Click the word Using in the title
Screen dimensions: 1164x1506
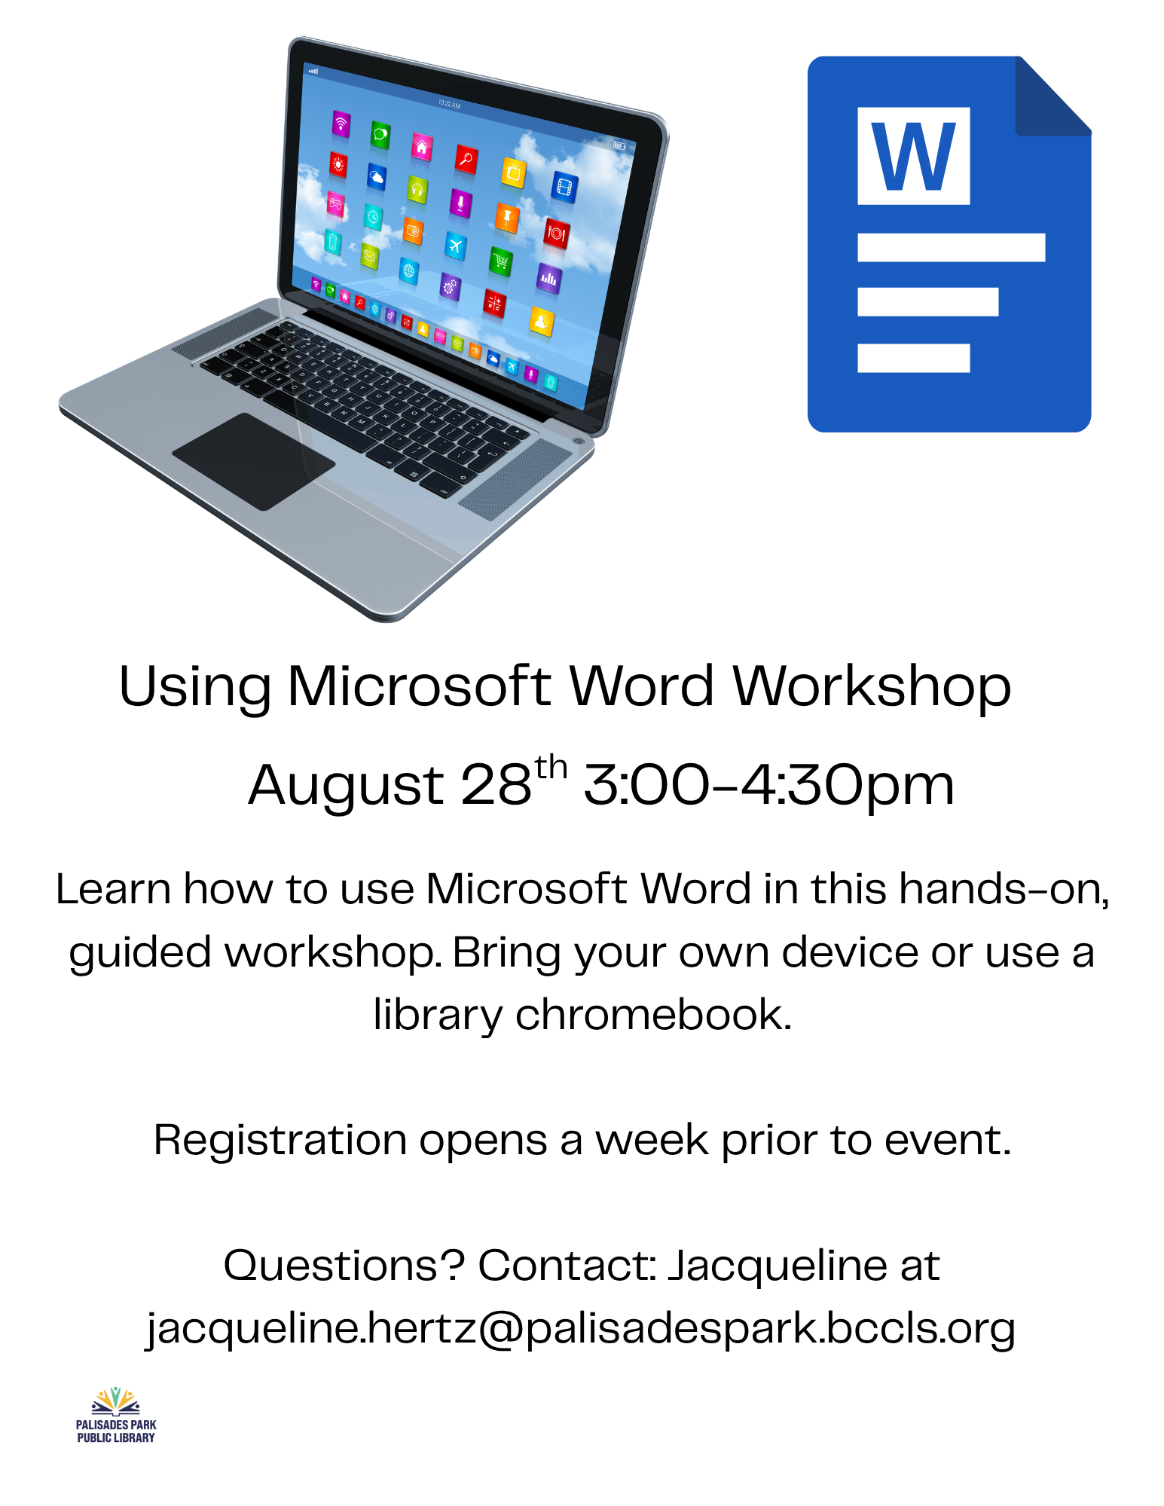pyautogui.click(x=194, y=687)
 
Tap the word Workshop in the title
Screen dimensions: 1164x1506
pyautogui.click(x=872, y=687)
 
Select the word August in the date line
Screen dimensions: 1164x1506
pyautogui.click(x=346, y=786)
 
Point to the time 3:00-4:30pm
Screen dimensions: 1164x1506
pyautogui.click(x=768, y=785)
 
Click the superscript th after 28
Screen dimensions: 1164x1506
pyautogui.click(x=551, y=768)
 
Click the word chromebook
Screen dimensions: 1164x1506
pyautogui.click(x=653, y=1014)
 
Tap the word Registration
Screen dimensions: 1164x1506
pyautogui.click(x=280, y=1141)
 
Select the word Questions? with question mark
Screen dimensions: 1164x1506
pyautogui.click(x=344, y=1265)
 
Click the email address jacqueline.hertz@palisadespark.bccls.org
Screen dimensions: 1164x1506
pyautogui.click(x=581, y=1329)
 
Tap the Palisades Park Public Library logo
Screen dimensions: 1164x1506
pyautogui.click(x=116, y=1415)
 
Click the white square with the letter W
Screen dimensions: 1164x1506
pyautogui.click(x=913, y=156)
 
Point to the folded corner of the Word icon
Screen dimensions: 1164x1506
pyautogui.click(x=1053, y=96)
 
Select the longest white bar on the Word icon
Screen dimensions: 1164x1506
pyautogui.click(x=951, y=247)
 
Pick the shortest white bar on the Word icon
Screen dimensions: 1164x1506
pyautogui.click(x=913, y=358)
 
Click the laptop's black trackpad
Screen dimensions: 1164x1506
pyautogui.click(x=254, y=461)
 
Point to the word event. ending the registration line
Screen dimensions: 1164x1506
pyautogui.click(x=948, y=1141)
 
